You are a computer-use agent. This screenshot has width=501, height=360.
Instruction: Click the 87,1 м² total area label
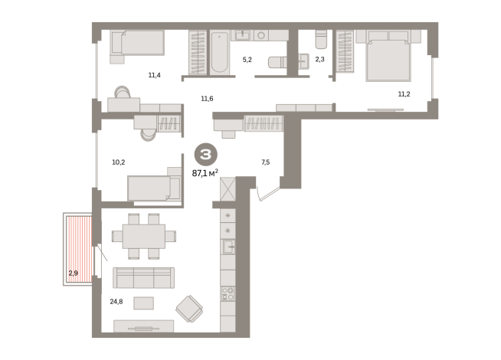tap(205, 173)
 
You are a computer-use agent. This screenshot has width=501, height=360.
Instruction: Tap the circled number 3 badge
tap(206, 155)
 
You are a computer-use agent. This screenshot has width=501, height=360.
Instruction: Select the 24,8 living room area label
tap(116, 302)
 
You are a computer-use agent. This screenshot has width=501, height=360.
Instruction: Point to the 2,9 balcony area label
tap(74, 273)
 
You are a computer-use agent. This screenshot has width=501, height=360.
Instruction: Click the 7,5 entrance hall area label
tap(266, 162)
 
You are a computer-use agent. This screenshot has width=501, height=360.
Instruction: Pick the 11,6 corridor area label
tap(207, 99)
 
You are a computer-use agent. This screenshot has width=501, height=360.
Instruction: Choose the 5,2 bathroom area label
tap(247, 60)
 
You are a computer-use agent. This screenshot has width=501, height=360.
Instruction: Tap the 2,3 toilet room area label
tap(320, 59)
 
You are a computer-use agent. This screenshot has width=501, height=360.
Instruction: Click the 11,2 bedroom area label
tap(404, 94)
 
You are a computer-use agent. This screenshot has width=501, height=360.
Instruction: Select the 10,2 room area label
tap(118, 162)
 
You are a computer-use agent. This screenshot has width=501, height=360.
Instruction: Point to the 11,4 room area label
tap(154, 75)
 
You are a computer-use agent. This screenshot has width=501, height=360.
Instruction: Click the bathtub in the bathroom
tap(220, 52)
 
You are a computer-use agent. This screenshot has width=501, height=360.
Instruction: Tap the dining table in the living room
tap(144, 237)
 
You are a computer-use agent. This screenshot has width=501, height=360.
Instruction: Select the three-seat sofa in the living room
tap(143, 278)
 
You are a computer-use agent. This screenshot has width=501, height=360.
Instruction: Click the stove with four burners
tap(228, 294)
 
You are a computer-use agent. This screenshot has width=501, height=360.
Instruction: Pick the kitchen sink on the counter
tap(228, 247)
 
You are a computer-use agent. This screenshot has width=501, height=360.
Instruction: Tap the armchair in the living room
tap(189, 309)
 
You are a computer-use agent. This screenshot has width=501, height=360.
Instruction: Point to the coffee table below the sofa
tap(143, 303)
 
